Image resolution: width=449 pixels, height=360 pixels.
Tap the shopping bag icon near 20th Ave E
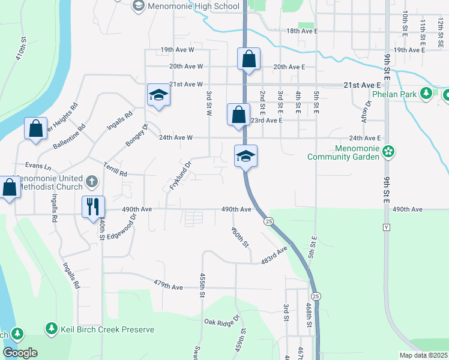point(249,59)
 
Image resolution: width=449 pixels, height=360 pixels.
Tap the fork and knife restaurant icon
point(93,207)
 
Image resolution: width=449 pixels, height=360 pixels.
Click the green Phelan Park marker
point(426,94)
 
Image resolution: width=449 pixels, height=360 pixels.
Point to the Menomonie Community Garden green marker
point(389,151)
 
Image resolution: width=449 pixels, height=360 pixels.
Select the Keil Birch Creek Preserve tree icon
point(52,329)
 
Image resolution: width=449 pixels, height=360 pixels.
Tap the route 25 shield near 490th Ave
point(268,221)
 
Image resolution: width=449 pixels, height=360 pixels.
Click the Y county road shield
point(386,227)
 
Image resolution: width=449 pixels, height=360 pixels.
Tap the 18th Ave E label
point(301,31)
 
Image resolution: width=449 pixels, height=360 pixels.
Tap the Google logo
point(20,353)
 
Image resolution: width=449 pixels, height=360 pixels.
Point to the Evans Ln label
point(38,165)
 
